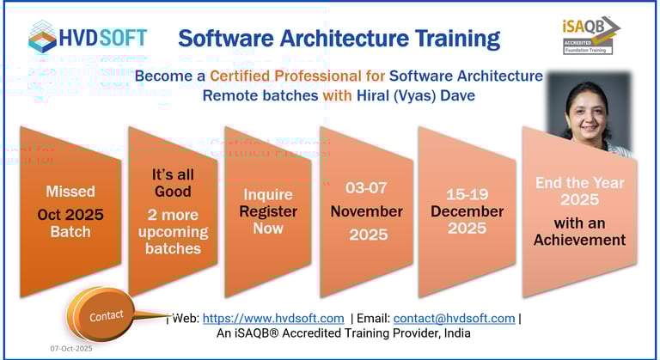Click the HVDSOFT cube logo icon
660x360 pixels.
43,37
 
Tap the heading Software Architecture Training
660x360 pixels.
339,38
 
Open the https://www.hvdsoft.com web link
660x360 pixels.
273,318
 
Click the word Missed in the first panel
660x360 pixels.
70,191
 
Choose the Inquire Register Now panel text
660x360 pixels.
268,211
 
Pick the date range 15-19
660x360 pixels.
466,194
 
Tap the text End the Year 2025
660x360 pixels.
579,191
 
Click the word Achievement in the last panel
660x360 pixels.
579,240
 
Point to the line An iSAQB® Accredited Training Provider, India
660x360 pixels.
343,333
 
